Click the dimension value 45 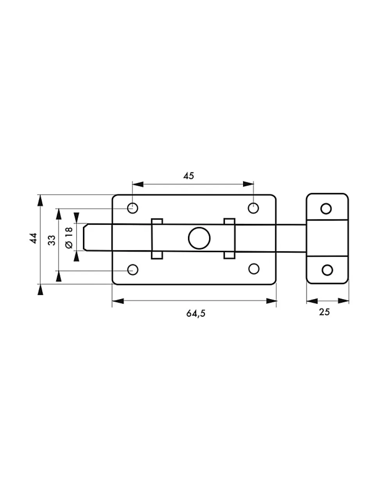tap(188, 176)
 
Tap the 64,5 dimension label tap(196, 314)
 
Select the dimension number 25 tap(324, 312)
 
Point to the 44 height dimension tap(33, 238)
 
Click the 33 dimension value tap(52, 240)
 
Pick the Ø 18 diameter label tap(69, 238)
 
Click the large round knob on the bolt tap(199, 238)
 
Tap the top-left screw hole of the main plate tap(132, 208)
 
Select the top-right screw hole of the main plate tap(253, 208)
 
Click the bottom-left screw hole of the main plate tap(132, 269)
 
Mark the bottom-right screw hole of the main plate tap(254, 269)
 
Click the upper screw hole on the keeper tap(326, 208)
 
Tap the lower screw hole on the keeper tap(327, 270)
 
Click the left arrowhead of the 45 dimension tap(138, 184)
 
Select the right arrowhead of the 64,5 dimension tap(272, 301)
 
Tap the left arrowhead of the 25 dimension tap(312, 301)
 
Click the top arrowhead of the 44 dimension tap(40, 201)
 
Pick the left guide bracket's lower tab tap(157, 255)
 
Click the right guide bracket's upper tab tap(229, 221)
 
